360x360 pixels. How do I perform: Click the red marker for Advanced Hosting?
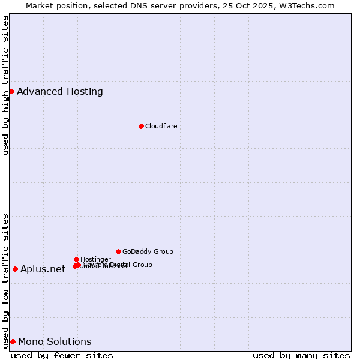click(x=11, y=91)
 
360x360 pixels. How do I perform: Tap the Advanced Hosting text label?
click(x=60, y=92)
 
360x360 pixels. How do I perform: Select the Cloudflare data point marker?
click(x=141, y=126)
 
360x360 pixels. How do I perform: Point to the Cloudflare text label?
click(x=161, y=126)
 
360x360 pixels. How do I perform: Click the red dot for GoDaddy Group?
click(x=118, y=251)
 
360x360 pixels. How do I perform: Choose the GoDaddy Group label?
click(x=148, y=251)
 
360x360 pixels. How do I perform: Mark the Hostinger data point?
click(x=76, y=259)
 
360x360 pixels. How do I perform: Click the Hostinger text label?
click(x=95, y=259)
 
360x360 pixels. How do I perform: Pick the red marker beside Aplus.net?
click(x=15, y=269)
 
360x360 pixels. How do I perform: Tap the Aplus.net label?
click(x=43, y=269)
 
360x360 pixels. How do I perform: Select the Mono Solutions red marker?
click(x=13, y=341)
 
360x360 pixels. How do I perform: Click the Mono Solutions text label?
click(x=55, y=342)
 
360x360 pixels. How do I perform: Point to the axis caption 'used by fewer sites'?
click(x=62, y=355)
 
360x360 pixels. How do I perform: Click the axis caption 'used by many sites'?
click(x=301, y=355)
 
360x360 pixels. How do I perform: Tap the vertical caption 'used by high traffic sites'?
click(x=5, y=85)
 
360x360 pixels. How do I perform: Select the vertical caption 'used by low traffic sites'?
click(x=5, y=280)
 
